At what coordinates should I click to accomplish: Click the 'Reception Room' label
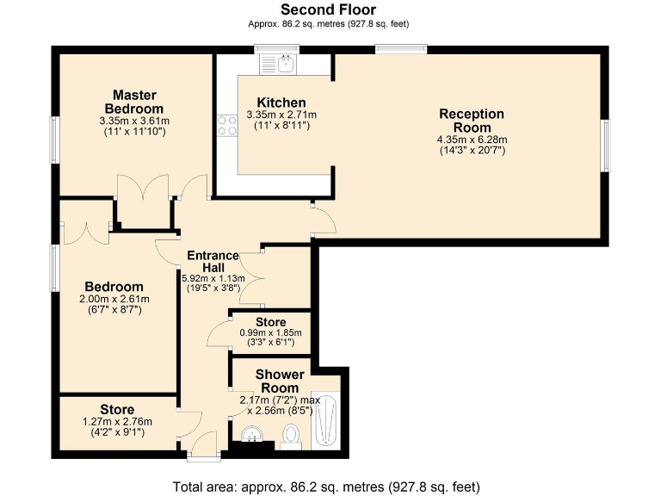pos(472,121)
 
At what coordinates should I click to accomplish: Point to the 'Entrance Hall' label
pos(213,262)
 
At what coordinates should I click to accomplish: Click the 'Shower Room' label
pos(280,381)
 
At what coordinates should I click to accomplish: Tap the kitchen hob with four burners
pos(228,126)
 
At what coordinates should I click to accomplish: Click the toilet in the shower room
pos(290,437)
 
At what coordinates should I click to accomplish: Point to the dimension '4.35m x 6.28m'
pos(472,139)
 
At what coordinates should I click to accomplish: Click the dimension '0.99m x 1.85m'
pos(271,332)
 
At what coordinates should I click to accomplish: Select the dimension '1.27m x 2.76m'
pos(117,422)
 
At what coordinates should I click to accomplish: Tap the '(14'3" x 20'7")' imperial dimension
pos(472,150)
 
